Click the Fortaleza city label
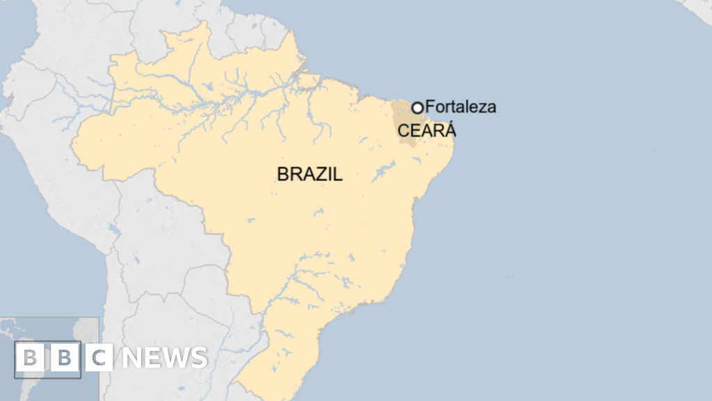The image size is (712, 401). [460, 107]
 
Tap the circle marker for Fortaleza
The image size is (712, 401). [417, 107]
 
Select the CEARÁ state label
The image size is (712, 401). [426, 129]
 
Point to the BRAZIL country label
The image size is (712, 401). [309, 174]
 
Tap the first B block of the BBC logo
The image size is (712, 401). [29, 358]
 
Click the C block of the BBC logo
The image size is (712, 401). [99, 358]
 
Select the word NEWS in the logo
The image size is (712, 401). [164, 358]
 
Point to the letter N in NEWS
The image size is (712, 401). [131, 358]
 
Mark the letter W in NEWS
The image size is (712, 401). [175, 358]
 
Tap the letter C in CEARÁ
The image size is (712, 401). [403, 130]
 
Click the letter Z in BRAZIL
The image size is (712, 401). [320, 174]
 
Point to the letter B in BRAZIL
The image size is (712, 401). [283, 174]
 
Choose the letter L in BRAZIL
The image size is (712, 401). [338, 174]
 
